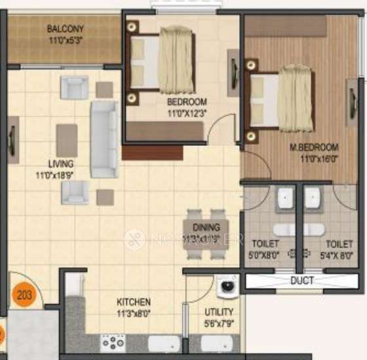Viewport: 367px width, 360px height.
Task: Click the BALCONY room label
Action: tap(65, 29)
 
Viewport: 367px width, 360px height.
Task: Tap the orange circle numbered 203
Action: tap(24, 295)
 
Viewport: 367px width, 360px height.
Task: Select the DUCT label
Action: tap(303, 281)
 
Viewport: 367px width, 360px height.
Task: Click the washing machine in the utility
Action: tap(226, 287)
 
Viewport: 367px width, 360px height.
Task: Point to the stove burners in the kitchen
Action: tap(113, 342)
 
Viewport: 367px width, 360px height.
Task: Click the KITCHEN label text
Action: tap(134, 302)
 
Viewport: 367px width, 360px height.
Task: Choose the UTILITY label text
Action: tap(218, 312)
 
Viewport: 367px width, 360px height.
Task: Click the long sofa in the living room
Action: tap(104, 139)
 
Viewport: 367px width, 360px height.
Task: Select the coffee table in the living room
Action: tap(67, 140)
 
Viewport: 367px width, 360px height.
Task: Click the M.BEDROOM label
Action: tap(314, 147)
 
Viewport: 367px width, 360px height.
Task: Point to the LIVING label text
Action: tap(60, 164)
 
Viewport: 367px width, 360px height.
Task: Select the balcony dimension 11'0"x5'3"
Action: tap(65, 39)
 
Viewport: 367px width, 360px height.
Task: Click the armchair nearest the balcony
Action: tap(74, 87)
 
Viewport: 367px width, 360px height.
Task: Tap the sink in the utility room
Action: tap(216, 344)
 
